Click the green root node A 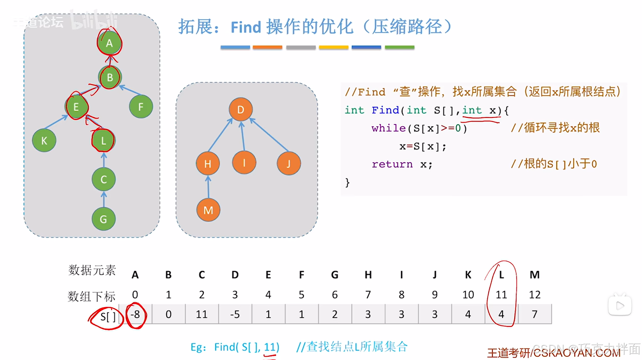(109, 43)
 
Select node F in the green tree (141, 107)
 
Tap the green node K (44, 140)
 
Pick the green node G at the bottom (103, 219)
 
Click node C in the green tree (103, 179)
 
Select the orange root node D (241, 110)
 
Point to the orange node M (208, 210)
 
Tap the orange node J (288, 164)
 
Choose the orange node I (244, 163)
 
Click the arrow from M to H (208, 187)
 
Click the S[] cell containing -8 (135, 315)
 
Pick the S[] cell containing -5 (235, 315)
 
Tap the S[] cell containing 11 (202, 315)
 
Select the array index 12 (534, 295)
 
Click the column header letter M (534, 274)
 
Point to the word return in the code (392, 164)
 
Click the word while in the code (388, 128)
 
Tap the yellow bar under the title (333, 48)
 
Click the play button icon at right (620, 305)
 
